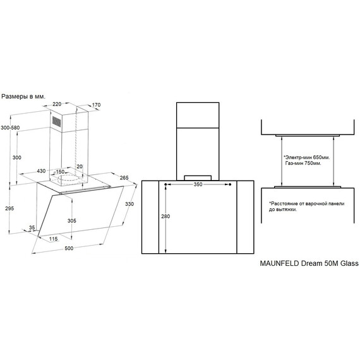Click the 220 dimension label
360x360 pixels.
tap(57, 104)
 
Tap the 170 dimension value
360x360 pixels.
tap(96, 105)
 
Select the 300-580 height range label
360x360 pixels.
tap(10, 128)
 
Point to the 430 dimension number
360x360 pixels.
tap(41, 171)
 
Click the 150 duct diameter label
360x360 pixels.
tap(60, 172)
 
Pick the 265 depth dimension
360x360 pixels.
tap(124, 177)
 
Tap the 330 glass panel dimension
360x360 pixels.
tap(129, 204)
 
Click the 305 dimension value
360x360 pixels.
tap(72, 220)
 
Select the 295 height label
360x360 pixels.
tap(9, 208)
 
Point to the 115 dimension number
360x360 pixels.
tap(54, 239)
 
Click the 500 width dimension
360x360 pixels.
tap(69, 248)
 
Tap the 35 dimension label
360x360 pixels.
tap(32, 227)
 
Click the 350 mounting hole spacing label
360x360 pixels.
tap(198, 184)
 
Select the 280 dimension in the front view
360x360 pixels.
tap(165, 216)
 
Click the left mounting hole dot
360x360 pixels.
tap(165, 184)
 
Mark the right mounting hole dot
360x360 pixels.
tap(230, 184)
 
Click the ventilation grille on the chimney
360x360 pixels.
tap(56, 121)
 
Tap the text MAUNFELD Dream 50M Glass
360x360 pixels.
tap(309, 263)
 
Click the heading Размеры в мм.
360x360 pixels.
tap(23, 97)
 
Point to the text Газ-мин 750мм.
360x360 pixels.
tap(303, 163)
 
